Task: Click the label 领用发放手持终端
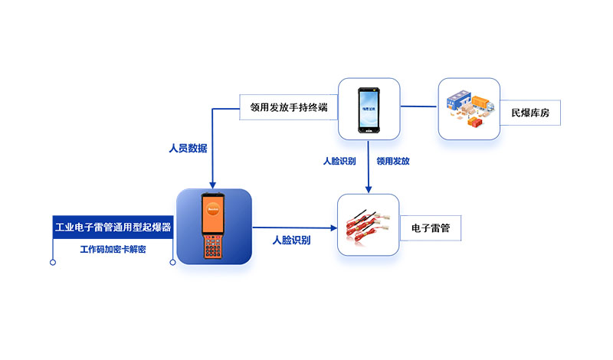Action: click(284, 106)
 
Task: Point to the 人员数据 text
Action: click(188, 148)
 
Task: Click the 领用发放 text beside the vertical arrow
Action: click(392, 162)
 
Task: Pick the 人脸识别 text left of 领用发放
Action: click(339, 162)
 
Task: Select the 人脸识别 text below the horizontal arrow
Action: click(291, 241)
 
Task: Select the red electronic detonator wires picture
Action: click(369, 224)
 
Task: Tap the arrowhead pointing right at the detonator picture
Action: click(333, 227)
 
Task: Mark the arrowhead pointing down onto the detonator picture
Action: click(369, 190)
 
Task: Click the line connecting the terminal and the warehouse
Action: click(419, 107)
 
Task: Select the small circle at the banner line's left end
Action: click(53, 263)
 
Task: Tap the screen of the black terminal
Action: click(369, 110)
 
